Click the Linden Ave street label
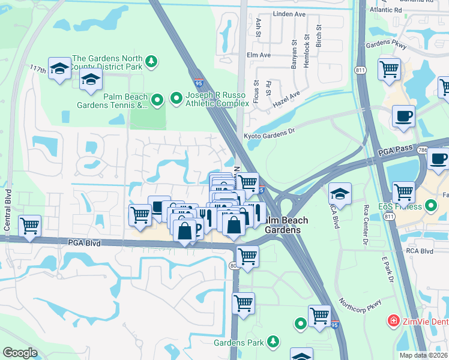[289, 13]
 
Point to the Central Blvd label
[8, 207]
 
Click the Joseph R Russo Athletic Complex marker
[176, 97]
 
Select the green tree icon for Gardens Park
[273, 341]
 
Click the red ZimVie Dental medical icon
[393, 322]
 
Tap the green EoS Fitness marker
[430, 206]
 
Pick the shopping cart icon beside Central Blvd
[29, 226]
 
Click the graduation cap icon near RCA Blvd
[340, 193]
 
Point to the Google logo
[20, 353]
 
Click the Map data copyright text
[423, 355]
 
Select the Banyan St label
[294, 55]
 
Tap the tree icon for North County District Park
[152, 61]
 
